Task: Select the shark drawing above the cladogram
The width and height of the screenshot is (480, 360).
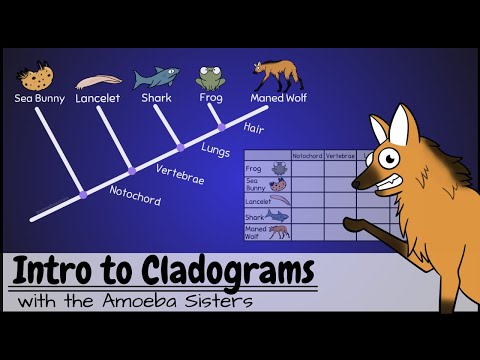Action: [x=156, y=77]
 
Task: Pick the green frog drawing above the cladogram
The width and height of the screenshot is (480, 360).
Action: [x=209, y=78]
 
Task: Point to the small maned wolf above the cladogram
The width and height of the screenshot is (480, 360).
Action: [x=272, y=75]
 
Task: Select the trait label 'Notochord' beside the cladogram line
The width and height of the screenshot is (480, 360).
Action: [x=135, y=195]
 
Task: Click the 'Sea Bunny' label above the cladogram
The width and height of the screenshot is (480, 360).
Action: [x=39, y=98]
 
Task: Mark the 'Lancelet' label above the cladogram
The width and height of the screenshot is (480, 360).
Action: [x=98, y=98]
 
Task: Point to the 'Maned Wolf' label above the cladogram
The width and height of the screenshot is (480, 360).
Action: [x=277, y=98]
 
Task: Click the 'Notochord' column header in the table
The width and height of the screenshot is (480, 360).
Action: [x=306, y=156]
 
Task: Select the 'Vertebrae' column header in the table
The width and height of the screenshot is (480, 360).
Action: [x=340, y=156]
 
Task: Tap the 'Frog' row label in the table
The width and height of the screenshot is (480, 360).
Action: [x=254, y=170]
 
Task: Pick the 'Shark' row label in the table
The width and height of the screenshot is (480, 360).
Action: [x=255, y=217]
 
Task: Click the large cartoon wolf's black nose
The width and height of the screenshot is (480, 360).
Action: [x=355, y=166]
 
